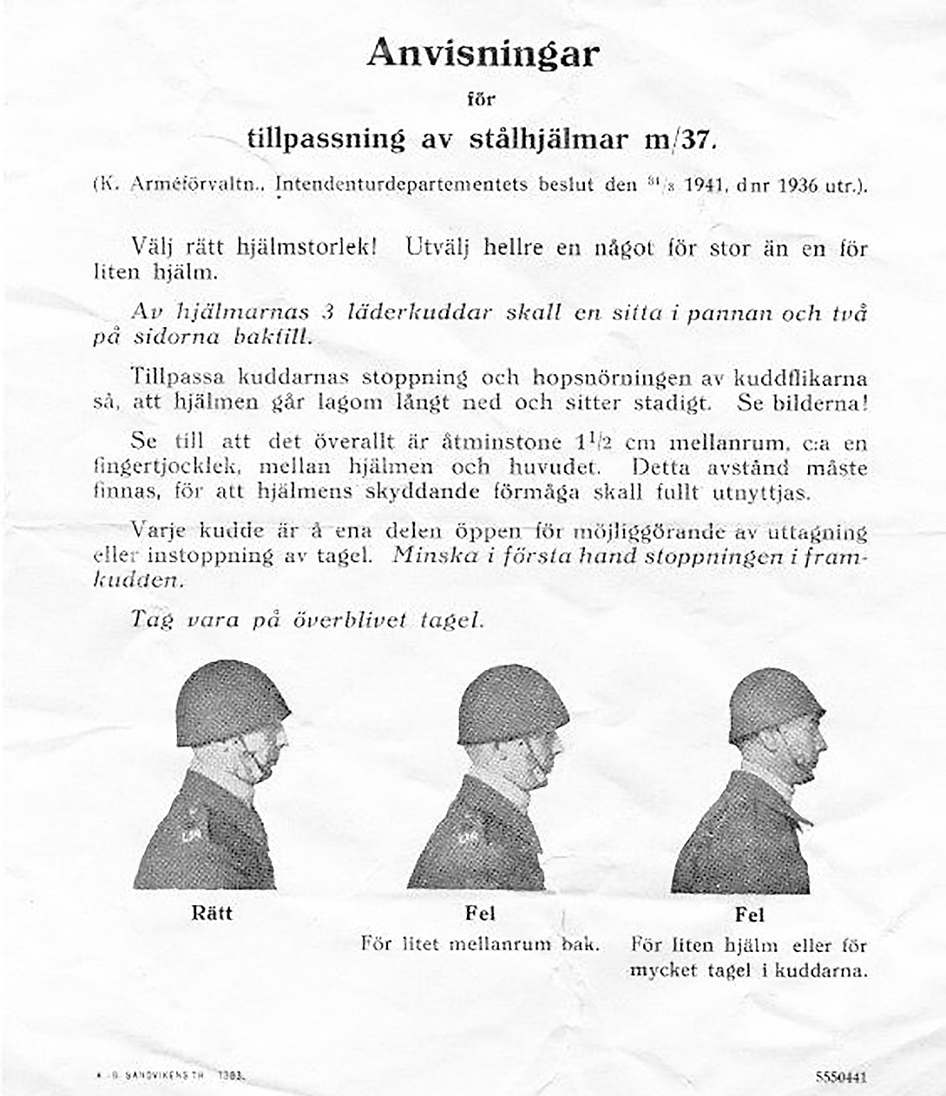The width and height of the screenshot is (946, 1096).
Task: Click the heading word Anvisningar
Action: [x=483, y=55]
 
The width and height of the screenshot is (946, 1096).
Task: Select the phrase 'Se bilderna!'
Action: [x=802, y=403]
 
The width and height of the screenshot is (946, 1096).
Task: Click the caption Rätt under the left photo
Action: [x=212, y=913]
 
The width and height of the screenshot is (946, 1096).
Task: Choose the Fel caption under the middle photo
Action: [x=481, y=914]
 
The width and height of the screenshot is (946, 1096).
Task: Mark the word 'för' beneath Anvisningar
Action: [x=481, y=99]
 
